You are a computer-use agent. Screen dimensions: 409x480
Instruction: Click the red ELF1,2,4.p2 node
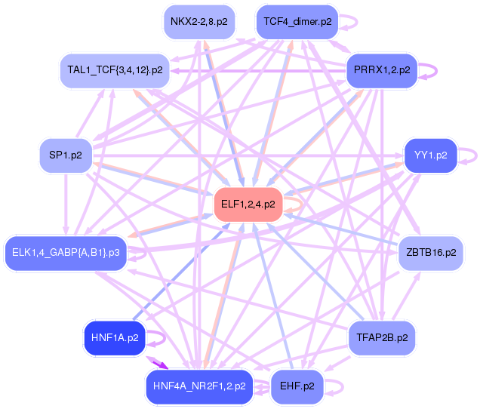(x=248, y=204)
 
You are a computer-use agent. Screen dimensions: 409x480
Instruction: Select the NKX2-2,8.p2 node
(x=198, y=21)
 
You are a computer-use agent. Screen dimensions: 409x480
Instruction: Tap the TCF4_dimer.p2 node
(x=297, y=22)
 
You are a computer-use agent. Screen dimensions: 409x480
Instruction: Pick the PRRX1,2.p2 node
(x=381, y=70)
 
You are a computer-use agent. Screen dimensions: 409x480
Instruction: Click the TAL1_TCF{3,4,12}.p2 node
(x=114, y=70)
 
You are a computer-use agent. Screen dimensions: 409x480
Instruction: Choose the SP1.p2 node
(x=65, y=156)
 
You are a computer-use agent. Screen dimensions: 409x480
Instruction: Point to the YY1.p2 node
(x=430, y=156)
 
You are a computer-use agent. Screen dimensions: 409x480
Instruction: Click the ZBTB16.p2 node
(x=430, y=252)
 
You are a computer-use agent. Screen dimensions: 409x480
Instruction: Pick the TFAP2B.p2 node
(x=381, y=338)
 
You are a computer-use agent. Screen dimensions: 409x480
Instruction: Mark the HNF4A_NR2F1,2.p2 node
(x=198, y=386)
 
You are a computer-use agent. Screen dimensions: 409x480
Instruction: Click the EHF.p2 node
(x=297, y=386)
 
